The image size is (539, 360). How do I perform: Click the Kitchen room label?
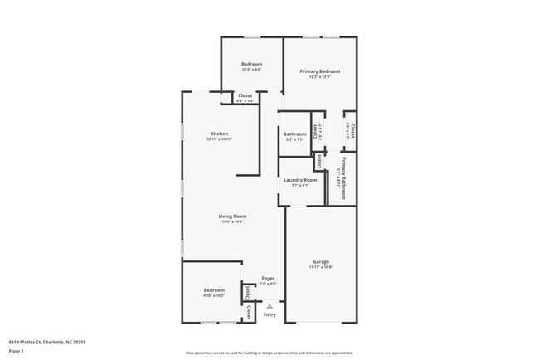[x=219, y=134]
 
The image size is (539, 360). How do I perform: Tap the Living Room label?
[x=232, y=216]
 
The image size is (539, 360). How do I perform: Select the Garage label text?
[x=320, y=262]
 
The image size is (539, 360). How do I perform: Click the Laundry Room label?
[x=299, y=180]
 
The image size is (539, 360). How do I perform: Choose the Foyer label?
[x=268, y=278]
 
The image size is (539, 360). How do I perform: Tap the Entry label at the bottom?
[x=269, y=314]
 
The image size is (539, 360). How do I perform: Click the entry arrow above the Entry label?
[x=269, y=306]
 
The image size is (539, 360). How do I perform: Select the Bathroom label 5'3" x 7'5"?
[x=294, y=134]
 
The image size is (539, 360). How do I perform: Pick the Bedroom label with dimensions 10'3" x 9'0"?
[x=251, y=65]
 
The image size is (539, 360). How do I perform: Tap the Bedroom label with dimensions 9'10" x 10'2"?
[x=214, y=290]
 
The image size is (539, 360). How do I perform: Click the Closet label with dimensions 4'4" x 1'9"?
[x=245, y=95]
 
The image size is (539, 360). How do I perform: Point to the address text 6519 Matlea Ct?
[x=47, y=341]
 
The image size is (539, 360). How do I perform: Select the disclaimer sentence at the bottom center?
[x=269, y=353]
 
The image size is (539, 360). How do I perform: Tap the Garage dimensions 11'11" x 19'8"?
[x=320, y=268]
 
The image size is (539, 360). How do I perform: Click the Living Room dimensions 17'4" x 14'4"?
[x=232, y=222]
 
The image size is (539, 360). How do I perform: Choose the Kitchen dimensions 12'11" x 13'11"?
[x=219, y=139]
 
